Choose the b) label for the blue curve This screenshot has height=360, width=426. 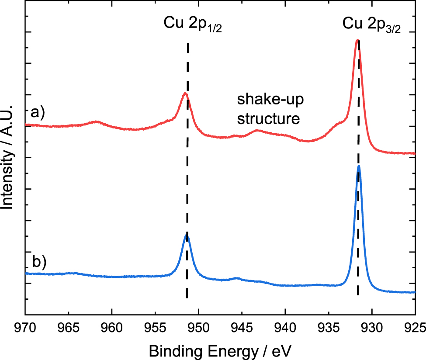click(39, 262)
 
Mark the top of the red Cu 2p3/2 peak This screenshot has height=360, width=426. click(357, 40)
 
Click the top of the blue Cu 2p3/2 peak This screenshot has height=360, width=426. click(359, 166)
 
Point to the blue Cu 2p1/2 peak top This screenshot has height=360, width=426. click(187, 235)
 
